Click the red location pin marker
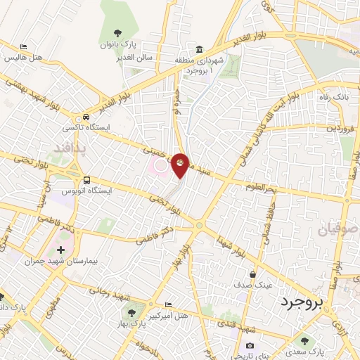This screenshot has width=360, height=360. (181, 165)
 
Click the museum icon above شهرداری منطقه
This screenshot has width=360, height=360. (200, 49)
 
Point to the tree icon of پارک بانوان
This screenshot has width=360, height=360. (117, 32)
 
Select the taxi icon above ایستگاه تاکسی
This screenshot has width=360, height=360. (86, 117)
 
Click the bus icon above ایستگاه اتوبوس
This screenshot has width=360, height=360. (86, 180)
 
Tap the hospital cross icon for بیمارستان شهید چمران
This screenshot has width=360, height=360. (60, 250)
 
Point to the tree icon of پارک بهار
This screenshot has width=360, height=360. (130, 311)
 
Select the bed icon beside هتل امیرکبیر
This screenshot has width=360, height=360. (167, 306)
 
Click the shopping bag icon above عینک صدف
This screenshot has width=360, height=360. (252, 274)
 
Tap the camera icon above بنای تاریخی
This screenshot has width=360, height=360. (250, 345)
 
